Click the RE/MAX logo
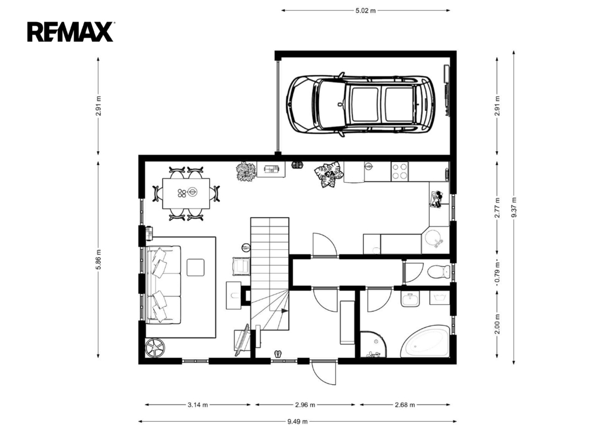pyautogui.click(x=71, y=32)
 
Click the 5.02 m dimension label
pyautogui.click(x=365, y=11)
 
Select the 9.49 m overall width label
pyautogui.click(x=298, y=421)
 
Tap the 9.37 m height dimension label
pyautogui.click(x=514, y=207)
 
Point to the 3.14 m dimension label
pyautogui.click(x=197, y=405)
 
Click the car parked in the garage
pyautogui.click(x=360, y=104)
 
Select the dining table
pyautogui.click(x=186, y=194)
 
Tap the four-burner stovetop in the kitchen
pyautogui.click(x=400, y=171)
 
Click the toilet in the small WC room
pyautogui.click(x=438, y=271)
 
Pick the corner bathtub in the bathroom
pyautogui.click(x=426, y=341)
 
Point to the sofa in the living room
pyautogui.click(x=164, y=284)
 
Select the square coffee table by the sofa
pyautogui.click(x=195, y=267)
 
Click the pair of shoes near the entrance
pyautogui.click(x=278, y=354)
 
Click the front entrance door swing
pyautogui.click(x=324, y=372)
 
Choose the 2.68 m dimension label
pyautogui.click(x=405, y=405)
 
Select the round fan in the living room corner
pyautogui.click(x=155, y=347)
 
